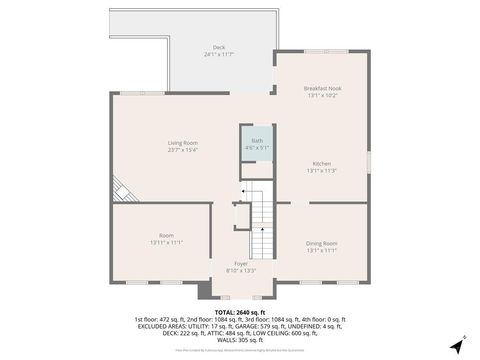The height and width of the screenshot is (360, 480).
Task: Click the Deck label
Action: click(x=219, y=47)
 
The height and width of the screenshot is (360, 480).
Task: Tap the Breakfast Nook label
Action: click(x=322, y=88)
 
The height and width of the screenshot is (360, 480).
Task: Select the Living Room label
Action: click(x=183, y=143)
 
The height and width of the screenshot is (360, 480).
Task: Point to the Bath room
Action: click(x=257, y=147)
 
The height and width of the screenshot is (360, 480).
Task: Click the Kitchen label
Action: click(x=322, y=164)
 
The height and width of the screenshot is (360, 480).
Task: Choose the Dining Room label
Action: click(x=322, y=243)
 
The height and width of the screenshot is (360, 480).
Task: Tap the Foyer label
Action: click(x=242, y=263)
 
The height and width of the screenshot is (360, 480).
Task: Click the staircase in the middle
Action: click(x=261, y=226)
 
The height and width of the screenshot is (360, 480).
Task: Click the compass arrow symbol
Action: click(x=455, y=347)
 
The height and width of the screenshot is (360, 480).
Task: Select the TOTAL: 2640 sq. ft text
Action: click(x=239, y=311)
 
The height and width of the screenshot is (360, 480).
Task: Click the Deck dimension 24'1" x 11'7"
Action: click(x=219, y=54)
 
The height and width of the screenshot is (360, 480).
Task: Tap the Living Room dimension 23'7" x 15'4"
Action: click(x=183, y=150)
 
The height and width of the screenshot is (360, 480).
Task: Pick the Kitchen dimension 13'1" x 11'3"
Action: click(x=322, y=171)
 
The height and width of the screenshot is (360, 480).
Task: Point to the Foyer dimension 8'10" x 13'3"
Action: click(x=242, y=270)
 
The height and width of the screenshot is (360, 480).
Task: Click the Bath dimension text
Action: click(x=257, y=148)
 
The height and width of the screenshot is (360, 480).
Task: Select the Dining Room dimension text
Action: click(x=322, y=250)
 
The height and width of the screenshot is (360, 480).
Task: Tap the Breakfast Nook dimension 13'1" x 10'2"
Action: click(x=322, y=95)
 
